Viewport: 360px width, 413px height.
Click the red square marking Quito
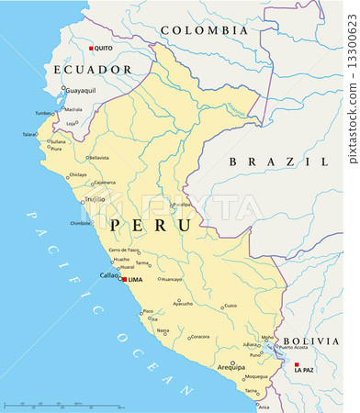[x=91, y=48]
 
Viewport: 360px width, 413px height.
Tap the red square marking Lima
[x=124, y=278]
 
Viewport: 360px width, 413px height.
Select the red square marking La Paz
[x=297, y=363]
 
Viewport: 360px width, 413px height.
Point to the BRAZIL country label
[x=278, y=162]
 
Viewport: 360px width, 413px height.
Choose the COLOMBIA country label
[x=203, y=30]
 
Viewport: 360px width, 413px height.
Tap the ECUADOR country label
[x=92, y=69]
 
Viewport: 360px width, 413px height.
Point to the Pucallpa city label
[x=182, y=204]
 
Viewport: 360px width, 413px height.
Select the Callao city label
[x=107, y=275]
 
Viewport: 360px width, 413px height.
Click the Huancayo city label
[x=172, y=278]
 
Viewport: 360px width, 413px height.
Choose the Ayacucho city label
[x=184, y=303]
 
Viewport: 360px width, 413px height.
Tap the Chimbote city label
[x=81, y=223]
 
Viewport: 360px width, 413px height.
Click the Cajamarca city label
[x=106, y=182]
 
